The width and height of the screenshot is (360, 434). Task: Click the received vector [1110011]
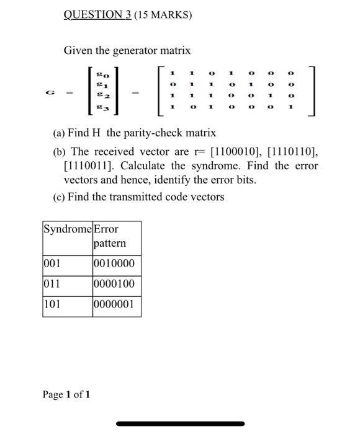pyautogui.click(x=88, y=166)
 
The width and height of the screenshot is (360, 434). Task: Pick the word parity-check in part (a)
pyautogui.click(x=168, y=133)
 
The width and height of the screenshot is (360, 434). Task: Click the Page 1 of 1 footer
pyautogui.click(x=66, y=394)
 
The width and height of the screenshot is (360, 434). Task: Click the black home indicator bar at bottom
pyautogui.click(x=180, y=424)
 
